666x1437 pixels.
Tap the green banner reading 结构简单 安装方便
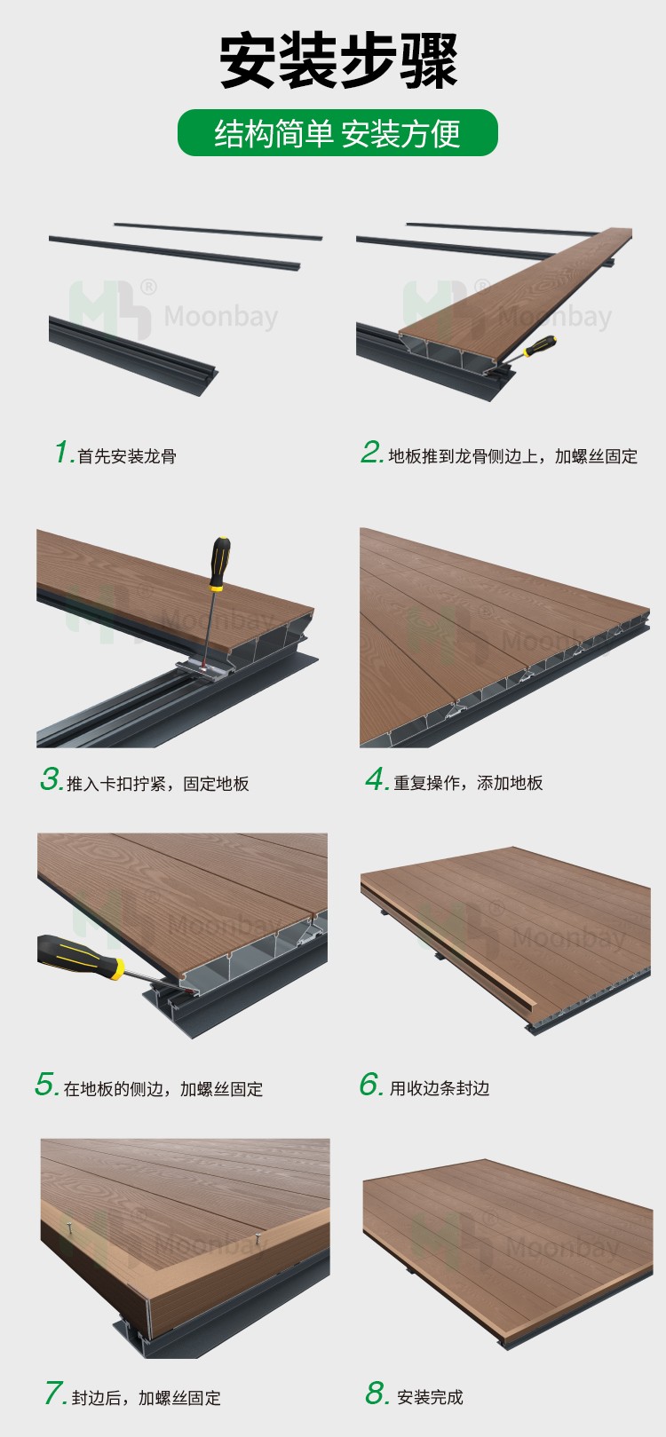point(337,133)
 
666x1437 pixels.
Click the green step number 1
point(63,453)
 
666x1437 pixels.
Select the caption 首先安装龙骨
point(127,457)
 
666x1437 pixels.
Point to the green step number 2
point(371,453)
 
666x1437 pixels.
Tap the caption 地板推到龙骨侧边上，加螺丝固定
point(512,457)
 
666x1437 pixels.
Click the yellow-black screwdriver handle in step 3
point(218,564)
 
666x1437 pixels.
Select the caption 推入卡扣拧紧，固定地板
point(158,784)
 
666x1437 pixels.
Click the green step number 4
point(377,780)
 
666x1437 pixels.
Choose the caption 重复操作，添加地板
point(468,783)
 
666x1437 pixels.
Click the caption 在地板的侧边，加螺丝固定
point(163,1089)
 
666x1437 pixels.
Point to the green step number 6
point(370,1085)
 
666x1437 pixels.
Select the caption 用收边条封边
point(440,1088)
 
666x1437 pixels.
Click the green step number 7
point(55,1394)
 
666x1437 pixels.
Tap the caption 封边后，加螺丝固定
point(147,1398)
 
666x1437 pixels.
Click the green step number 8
point(377,1394)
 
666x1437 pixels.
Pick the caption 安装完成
point(430,1398)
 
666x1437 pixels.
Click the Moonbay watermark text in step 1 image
point(221,317)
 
